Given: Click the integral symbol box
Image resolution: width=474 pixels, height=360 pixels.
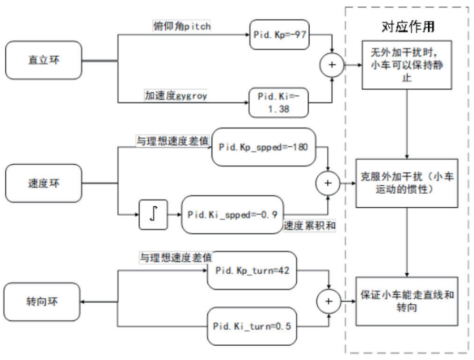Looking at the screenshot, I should [153, 215].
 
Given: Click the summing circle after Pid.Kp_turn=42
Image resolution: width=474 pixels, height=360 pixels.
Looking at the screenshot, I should [329, 301].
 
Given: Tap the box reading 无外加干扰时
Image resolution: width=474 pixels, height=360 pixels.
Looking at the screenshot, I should [408, 66].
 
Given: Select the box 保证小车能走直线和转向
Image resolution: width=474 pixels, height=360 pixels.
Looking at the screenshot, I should [408, 301].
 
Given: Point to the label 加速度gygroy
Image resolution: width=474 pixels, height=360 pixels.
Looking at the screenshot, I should [176, 95].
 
